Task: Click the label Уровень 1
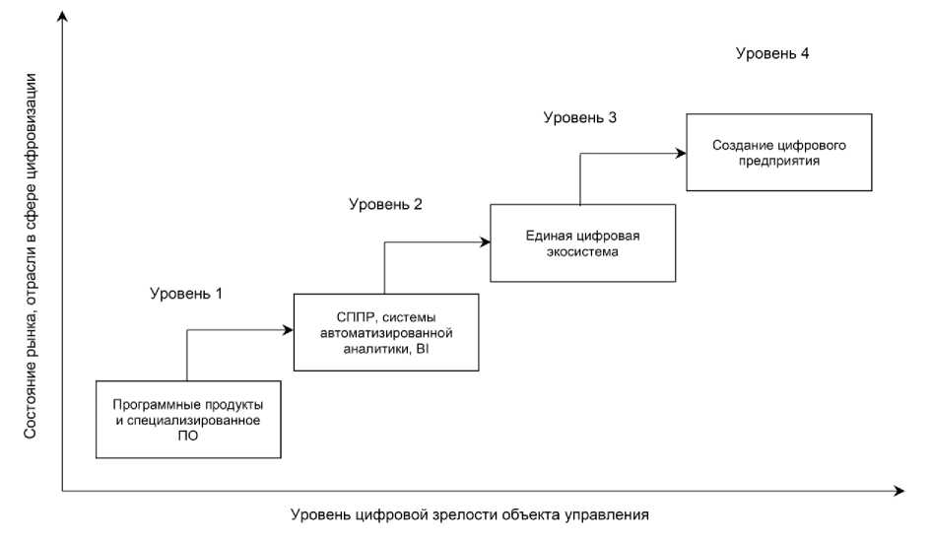[187, 293]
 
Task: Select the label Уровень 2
[385, 205]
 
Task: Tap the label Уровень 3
[580, 118]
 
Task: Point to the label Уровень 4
[772, 53]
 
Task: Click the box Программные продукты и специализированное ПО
[186, 419]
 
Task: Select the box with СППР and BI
[386, 332]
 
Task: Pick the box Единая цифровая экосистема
[582, 243]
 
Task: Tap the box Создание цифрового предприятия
[779, 152]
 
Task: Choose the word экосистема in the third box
[582, 252]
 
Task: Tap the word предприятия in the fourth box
[779, 160]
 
